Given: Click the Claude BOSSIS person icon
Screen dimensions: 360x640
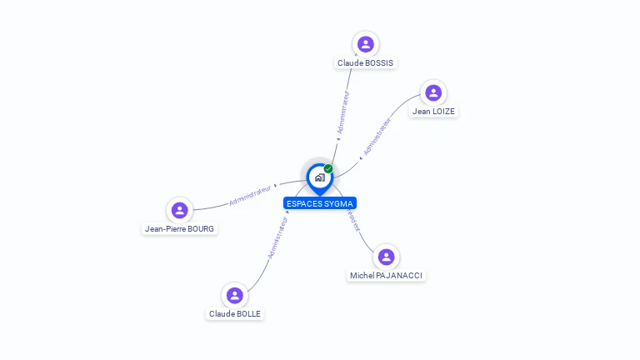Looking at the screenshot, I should (365, 44).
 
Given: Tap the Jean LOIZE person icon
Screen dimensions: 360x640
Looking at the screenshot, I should (432, 92).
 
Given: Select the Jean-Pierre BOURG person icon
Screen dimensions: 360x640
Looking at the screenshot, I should (179, 210).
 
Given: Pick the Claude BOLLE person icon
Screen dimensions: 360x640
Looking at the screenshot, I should (235, 296).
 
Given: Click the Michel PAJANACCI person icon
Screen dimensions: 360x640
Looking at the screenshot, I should (385, 257).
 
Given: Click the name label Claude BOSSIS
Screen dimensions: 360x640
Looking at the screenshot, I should (365, 62).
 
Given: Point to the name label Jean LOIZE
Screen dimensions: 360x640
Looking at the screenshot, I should (433, 111).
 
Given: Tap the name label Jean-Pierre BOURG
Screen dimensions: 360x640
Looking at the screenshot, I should (179, 228).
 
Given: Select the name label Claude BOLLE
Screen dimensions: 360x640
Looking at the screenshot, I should (235, 314).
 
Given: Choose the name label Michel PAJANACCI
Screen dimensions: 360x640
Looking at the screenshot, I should (387, 275).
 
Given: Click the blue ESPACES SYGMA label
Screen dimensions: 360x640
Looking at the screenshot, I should (320, 203).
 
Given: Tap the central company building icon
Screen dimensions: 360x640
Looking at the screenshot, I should (319, 177).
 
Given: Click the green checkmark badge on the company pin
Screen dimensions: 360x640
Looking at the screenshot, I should (328, 168).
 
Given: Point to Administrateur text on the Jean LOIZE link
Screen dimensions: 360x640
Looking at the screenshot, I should (377, 136).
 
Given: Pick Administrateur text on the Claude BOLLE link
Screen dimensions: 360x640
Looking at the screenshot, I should (277, 237).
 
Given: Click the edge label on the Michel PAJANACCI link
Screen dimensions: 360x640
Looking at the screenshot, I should (353, 219).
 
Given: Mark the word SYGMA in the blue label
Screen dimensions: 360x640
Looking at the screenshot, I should (338, 203).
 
